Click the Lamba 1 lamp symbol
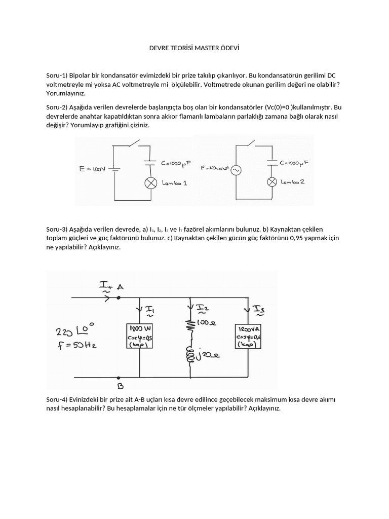coord(150,183)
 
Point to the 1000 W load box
coord(139,336)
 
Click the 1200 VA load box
coord(248,336)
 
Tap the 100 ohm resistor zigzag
coord(191,325)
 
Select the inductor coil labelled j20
coord(191,355)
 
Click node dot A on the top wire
coord(119,298)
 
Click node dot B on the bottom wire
coord(119,378)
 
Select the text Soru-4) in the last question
coord(57,399)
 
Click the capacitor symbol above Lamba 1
coord(150,163)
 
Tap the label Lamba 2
coord(292,182)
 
